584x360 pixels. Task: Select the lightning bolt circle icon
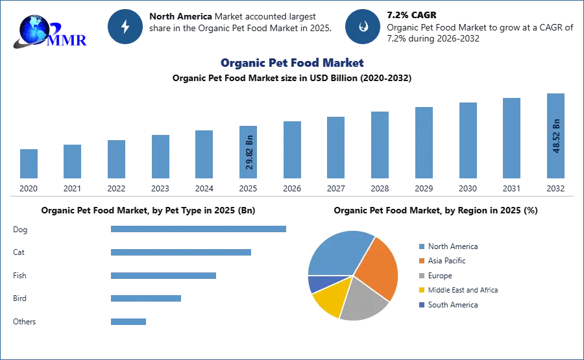point(126,27)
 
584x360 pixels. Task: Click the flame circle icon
point(363,27)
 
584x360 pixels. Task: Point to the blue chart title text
point(293,63)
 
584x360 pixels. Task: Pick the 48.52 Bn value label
point(555,136)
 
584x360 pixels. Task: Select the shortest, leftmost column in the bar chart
point(29,163)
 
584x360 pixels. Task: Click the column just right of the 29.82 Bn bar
point(291,150)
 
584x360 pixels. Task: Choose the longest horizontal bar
point(199,228)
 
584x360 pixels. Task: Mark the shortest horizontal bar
point(129,321)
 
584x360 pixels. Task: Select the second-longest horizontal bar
point(181,253)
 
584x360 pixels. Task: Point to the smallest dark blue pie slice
point(317,283)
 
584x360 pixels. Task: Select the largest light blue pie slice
point(338,253)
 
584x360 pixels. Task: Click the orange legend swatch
point(421,261)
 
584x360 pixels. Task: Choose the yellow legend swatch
point(421,290)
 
